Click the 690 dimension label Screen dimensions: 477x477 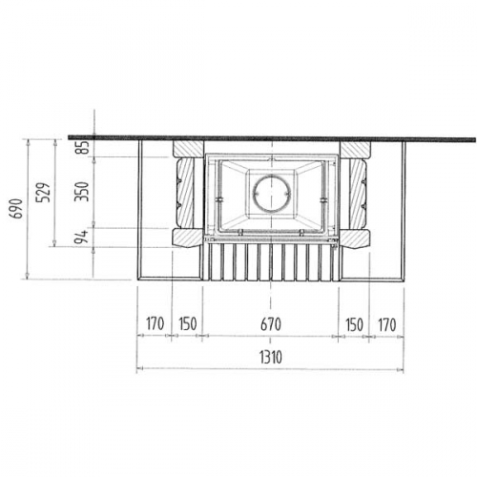pos(16,209)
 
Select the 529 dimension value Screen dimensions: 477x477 pos(43,193)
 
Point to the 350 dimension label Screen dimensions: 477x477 pos(81,192)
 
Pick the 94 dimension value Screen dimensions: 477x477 pos(81,237)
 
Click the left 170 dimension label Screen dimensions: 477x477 pos(155,323)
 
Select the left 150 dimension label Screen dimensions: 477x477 pos(188,323)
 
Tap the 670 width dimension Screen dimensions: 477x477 pos(271,324)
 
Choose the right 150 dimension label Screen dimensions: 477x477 pos(354,324)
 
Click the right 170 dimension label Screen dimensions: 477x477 pos(387,324)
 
